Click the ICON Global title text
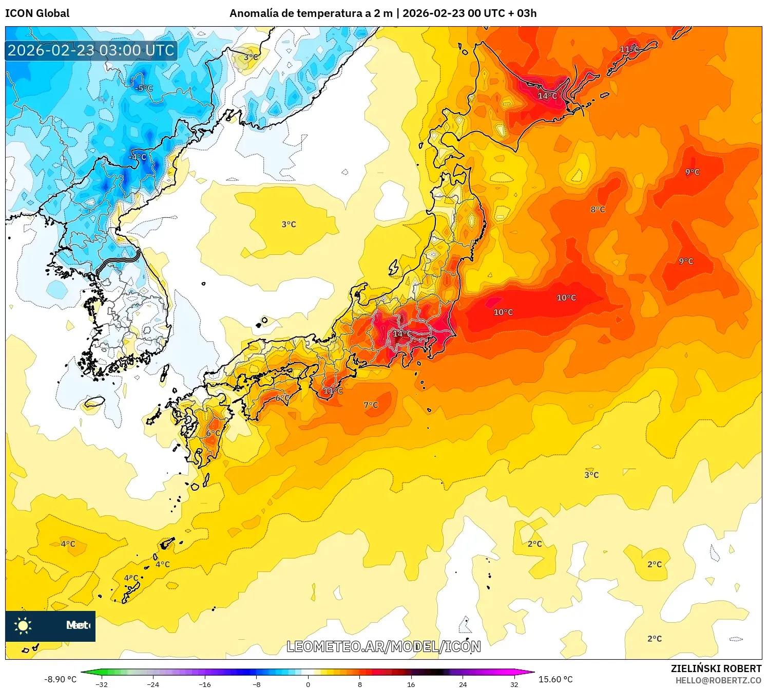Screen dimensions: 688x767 (37, 13)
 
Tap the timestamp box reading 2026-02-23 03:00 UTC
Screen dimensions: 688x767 (91, 50)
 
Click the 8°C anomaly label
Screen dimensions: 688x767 (598, 209)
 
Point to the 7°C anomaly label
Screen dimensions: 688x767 (371, 405)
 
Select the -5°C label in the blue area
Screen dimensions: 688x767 (144, 88)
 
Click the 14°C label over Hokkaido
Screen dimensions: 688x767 (547, 96)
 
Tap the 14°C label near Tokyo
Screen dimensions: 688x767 (402, 333)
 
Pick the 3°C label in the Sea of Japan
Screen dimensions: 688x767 (289, 224)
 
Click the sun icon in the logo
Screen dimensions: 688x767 (23, 625)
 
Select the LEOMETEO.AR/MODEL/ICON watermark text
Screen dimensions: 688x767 (384, 646)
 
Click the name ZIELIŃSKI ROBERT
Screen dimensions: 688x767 (716, 668)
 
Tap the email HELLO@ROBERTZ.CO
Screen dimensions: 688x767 (718, 680)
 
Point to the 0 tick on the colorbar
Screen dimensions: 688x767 (308, 684)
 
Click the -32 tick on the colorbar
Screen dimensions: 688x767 (102, 684)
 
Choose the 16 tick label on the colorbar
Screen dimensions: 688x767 (411, 684)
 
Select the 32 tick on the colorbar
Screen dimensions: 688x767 (514, 684)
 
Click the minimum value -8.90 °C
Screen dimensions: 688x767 (60, 679)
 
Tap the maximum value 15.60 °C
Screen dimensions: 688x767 (555, 679)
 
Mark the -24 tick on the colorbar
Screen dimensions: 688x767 (153, 684)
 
